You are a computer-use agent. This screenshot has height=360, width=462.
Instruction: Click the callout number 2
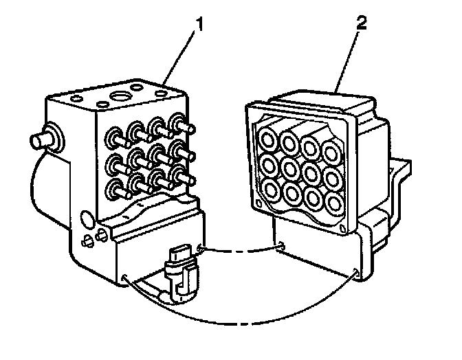[x=362, y=21]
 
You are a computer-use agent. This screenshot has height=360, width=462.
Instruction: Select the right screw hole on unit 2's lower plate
[x=354, y=273]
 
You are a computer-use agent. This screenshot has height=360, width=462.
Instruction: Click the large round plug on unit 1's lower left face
[x=87, y=220]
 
